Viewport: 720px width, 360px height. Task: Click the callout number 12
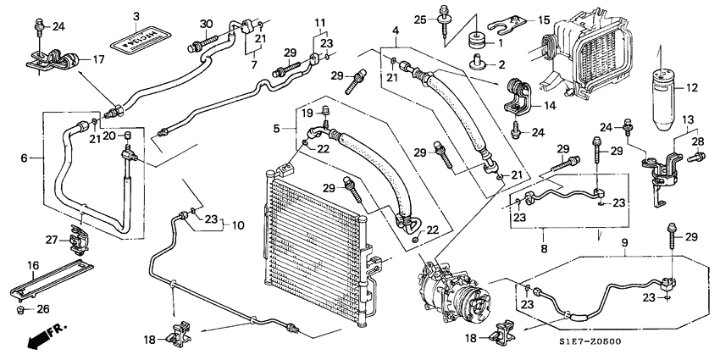691,86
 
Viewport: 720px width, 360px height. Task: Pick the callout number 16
33,266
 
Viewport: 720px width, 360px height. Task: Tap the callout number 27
50,240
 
